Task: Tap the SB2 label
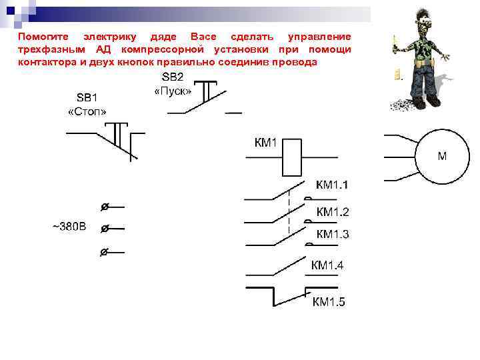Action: [173, 77]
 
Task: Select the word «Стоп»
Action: [88, 111]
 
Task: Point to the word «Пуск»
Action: [173, 89]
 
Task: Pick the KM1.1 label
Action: [331, 185]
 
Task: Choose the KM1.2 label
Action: [333, 212]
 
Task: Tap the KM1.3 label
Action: [333, 234]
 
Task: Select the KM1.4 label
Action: [327, 265]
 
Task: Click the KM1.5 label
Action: [329, 302]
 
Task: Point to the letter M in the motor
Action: [442, 157]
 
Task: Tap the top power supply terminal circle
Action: [104, 207]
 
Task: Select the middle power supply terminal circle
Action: [104, 229]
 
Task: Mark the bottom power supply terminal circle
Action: [104, 252]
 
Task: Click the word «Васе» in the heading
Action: [203, 36]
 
